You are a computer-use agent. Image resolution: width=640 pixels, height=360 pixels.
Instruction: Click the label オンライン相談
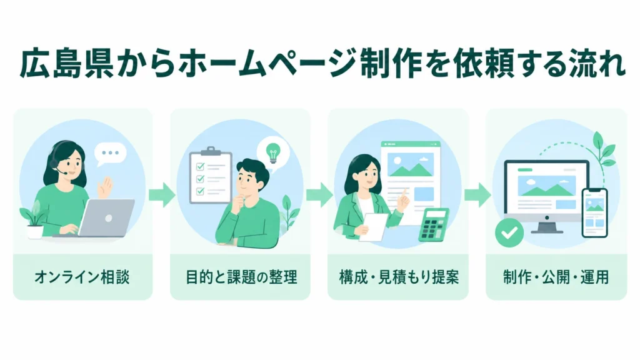click(x=82, y=277)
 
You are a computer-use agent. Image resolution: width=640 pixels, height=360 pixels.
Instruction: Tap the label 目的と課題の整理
click(x=241, y=277)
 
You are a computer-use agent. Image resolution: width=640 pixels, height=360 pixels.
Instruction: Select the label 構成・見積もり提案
click(x=399, y=277)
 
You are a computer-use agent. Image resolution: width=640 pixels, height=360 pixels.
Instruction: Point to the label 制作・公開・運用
click(x=556, y=277)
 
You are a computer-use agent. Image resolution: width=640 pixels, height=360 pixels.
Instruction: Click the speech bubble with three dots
click(x=110, y=154)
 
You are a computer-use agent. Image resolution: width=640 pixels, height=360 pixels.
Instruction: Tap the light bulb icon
click(x=272, y=153)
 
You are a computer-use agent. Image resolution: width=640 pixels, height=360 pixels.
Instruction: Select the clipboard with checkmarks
click(x=211, y=175)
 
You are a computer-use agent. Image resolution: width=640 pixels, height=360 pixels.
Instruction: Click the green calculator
click(x=434, y=224)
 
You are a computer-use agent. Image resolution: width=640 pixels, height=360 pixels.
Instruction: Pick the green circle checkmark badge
click(x=509, y=232)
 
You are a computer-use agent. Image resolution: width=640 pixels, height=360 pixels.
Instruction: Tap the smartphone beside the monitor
click(x=595, y=212)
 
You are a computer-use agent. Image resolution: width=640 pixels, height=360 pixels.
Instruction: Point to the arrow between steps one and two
click(x=162, y=195)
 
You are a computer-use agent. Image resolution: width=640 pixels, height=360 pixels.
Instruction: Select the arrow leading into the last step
click(x=477, y=195)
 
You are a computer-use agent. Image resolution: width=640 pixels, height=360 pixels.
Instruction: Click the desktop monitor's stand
click(x=547, y=226)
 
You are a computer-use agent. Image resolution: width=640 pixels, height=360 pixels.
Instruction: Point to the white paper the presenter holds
click(x=374, y=226)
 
